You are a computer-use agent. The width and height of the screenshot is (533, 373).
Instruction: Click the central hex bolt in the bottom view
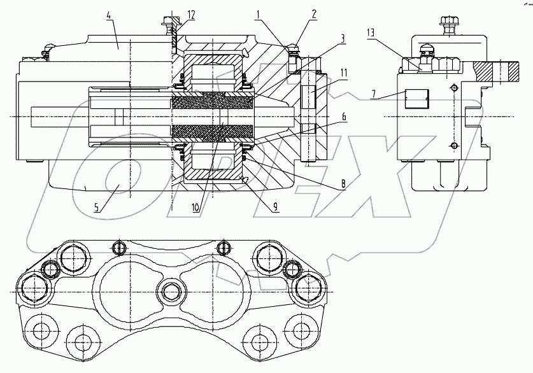pyautogui.click(x=172, y=292)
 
